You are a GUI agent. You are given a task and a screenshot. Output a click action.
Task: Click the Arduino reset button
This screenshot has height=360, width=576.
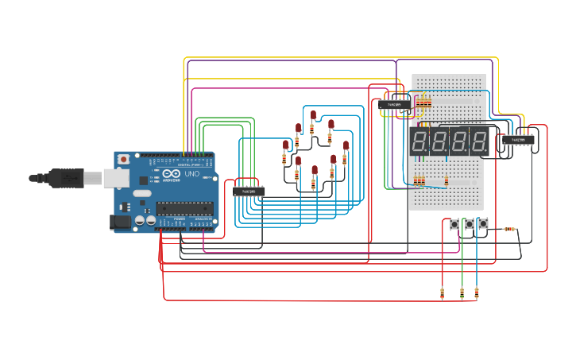pos(124,160)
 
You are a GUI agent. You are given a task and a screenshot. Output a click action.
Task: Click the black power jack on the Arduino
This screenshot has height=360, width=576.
pos(121,223)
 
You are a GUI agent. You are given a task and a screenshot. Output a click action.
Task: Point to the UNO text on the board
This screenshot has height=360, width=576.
pos(191,174)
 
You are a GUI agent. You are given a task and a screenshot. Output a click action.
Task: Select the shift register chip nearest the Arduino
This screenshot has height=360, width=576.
pos(249,191)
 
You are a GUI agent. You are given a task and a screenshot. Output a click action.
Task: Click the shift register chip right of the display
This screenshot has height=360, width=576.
pos(518,141)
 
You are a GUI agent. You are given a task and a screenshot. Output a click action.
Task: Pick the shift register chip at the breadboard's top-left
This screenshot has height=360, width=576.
pos(395,104)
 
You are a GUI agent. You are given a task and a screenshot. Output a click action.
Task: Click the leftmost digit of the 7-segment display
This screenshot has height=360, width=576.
pos(420,142)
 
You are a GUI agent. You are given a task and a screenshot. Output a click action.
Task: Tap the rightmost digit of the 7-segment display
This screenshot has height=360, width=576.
pos(477,142)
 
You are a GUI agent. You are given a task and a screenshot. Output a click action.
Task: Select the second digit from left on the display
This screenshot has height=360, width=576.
pos(439,142)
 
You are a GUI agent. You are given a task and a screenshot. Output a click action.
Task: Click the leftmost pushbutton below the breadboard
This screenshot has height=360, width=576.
pos(454,225)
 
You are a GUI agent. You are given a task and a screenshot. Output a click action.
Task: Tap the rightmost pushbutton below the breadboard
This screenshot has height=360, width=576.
pos(482,225)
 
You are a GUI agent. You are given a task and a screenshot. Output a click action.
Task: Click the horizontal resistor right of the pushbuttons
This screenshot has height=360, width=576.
pos(509,229)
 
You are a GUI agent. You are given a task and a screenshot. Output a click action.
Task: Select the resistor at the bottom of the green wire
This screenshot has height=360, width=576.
pos(462,293)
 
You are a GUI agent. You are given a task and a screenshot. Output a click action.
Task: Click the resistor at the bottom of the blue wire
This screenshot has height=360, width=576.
pos(477,293)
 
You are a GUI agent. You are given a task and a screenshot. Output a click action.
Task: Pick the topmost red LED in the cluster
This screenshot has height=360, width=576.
pos(314,114)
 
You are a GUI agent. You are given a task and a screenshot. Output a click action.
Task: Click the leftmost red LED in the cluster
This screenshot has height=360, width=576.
pos(286,144)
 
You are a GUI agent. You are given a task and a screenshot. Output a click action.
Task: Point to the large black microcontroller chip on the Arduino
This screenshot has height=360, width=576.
pos(184,208)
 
